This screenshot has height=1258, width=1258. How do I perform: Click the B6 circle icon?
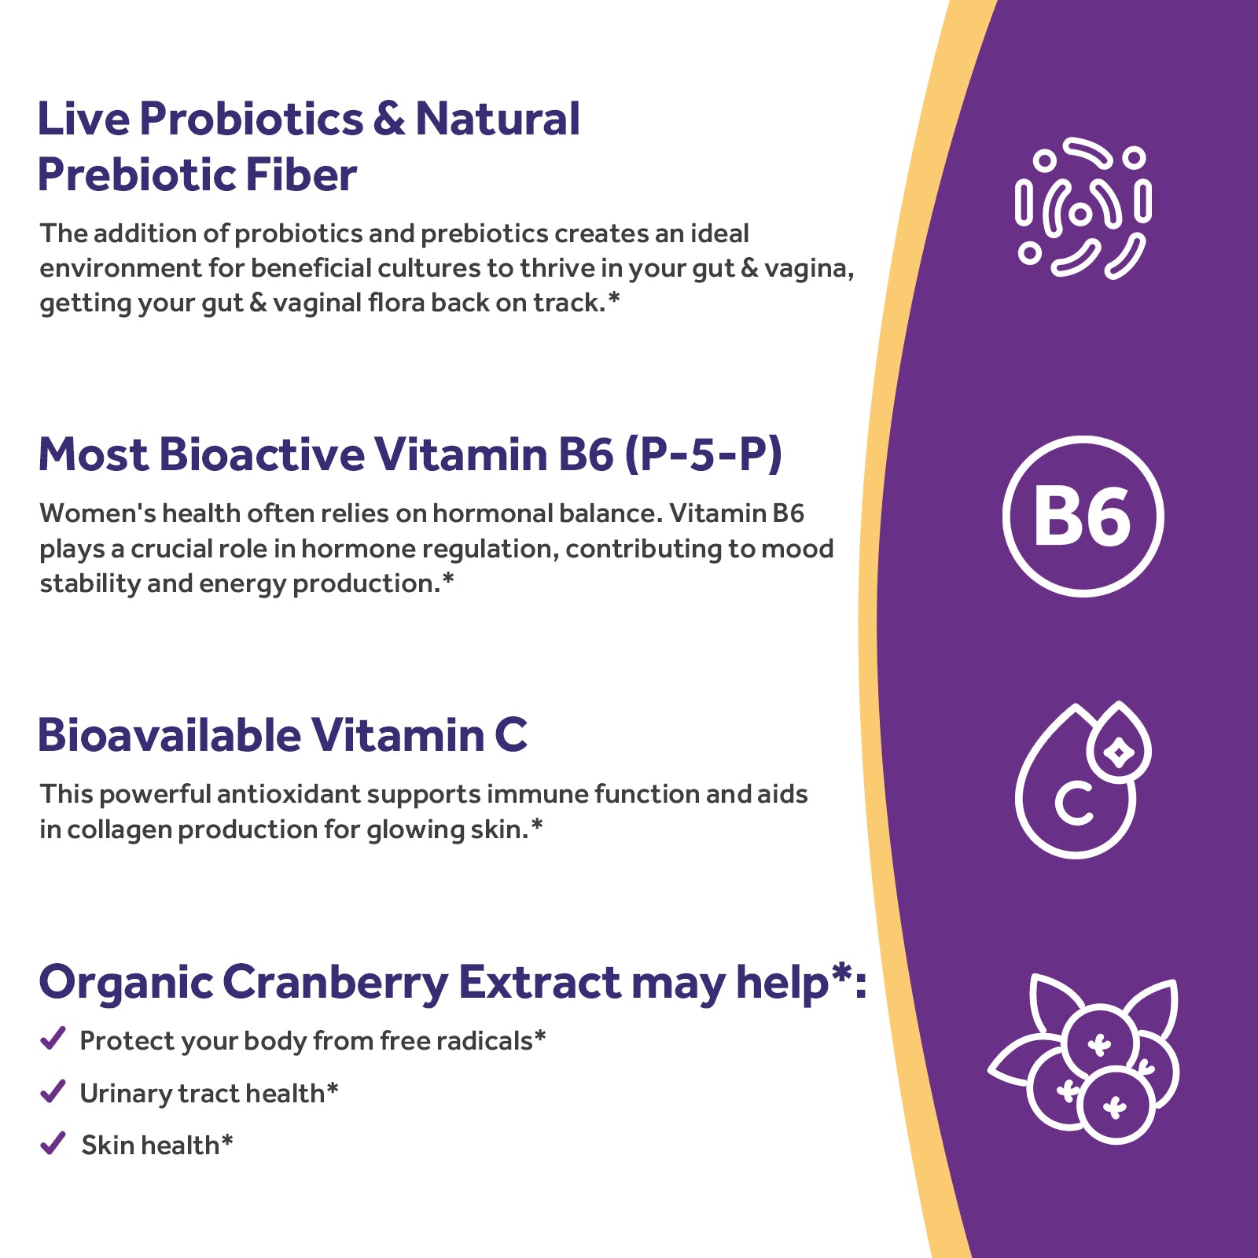[x=1083, y=517]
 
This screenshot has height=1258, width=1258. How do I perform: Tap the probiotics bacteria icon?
[x=1083, y=210]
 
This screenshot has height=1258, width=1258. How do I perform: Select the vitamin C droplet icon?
[x=1081, y=780]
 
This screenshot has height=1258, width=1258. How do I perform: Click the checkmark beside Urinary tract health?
[x=53, y=1091]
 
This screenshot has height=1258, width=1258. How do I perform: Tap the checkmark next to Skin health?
[x=53, y=1143]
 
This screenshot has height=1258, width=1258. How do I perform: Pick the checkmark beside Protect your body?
[x=53, y=1039]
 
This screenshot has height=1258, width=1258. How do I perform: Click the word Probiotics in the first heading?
[x=252, y=120]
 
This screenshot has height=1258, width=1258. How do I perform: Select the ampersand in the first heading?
[x=389, y=120]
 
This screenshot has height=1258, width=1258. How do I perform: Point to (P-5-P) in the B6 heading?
[x=704, y=454]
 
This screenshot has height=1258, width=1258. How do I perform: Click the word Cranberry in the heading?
[x=335, y=983]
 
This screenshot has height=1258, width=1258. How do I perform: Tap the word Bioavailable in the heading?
[x=169, y=736]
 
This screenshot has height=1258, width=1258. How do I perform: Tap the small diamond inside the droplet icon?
[x=1119, y=752]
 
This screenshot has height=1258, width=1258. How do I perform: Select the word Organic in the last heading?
[x=126, y=983]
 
